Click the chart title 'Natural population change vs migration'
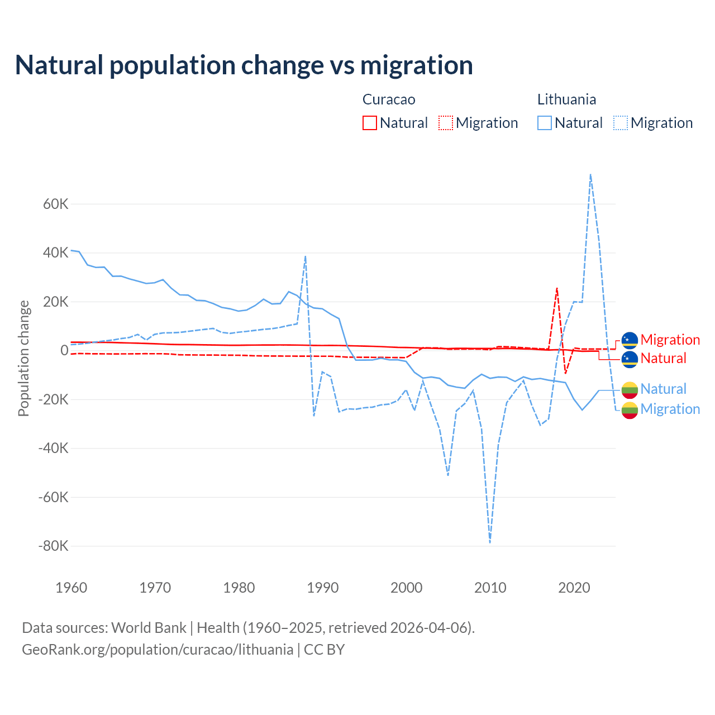tap(244, 65)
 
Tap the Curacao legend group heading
tap(389, 99)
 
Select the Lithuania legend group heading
tap(566, 99)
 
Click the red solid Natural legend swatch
tap(370, 123)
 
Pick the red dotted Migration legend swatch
tap(446, 123)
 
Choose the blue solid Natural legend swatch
tap(545, 123)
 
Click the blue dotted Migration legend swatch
tap(621, 123)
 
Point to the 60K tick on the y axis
tap(55, 204)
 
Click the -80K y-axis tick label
tap(53, 546)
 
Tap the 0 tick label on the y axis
tap(64, 351)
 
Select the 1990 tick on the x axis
tap(323, 588)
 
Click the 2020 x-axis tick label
tap(574, 588)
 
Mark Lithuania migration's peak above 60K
tap(590, 174)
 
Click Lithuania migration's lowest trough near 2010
tap(490, 542)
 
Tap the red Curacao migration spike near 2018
tap(557, 288)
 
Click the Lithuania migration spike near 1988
tap(305, 256)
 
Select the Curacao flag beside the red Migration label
tap(630, 340)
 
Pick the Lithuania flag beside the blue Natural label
tap(630, 389)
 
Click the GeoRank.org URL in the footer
tap(158, 650)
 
